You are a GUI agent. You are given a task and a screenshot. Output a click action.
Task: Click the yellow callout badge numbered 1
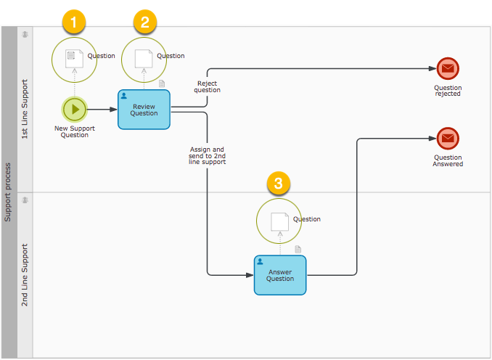pyautogui.click(x=74, y=22)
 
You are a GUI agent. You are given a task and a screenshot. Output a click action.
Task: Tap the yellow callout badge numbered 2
pyautogui.click(x=144, y=22)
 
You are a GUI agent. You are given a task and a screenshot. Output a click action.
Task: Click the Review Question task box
pyautogui.click(x=144, y=110)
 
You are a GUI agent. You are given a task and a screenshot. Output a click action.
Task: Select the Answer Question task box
pyautogui.click(x=280, y=275)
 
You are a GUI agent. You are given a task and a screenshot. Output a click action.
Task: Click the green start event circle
pyautogui.click(x=74, y=110)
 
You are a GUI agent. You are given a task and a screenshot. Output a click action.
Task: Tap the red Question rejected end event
pyautogui.click(x=448, y=69)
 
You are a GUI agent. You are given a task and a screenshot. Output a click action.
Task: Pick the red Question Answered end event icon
pyautogui.click(x=448, y=138)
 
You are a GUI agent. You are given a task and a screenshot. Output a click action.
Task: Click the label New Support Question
pyautogui.click(x=74, y=131)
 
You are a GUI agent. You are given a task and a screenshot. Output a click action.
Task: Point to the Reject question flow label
pyautogui.click(x=208, y=86)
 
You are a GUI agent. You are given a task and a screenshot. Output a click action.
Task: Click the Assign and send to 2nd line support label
pyautogui.click(x=208, y=156)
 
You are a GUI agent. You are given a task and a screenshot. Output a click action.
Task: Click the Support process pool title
pyautogui.click(x=8, y=193)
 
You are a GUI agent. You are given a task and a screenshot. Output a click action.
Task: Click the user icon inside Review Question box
pyautogui.click(x=124, y=96)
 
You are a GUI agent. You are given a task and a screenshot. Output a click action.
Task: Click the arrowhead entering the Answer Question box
pyautogui.click(x=250, y=275)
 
